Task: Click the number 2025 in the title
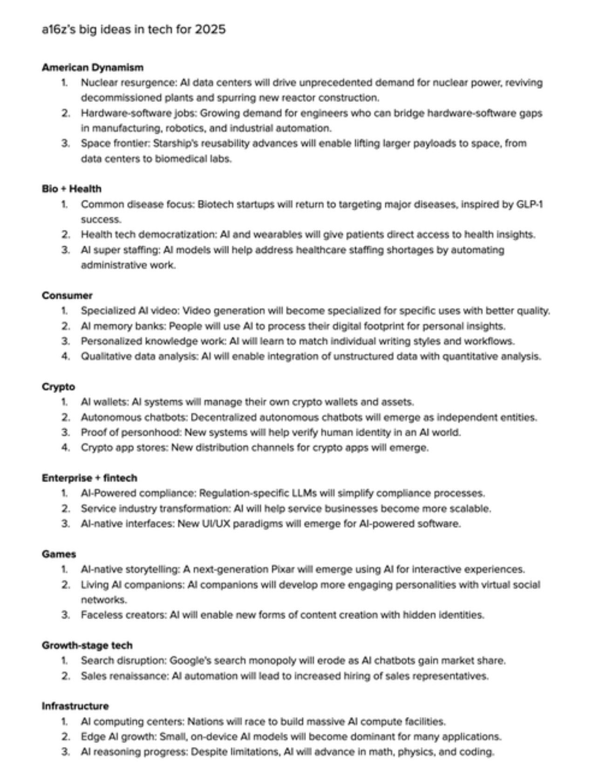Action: [x=210, y=29]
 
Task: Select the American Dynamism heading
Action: [x=93, y=67]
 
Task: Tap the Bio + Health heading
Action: [x=71, y=189]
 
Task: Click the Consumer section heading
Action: [x=67, y=295]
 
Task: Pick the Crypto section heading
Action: [x=58, y=386]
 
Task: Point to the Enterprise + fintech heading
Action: [x=89, y=478]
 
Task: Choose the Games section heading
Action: [x=59, y=554]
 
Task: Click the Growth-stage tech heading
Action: [x=87, y=645]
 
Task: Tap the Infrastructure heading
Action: [x=75, y=706]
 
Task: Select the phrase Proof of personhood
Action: [x=130, y=432]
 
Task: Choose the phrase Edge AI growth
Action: [x=119, y=736]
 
